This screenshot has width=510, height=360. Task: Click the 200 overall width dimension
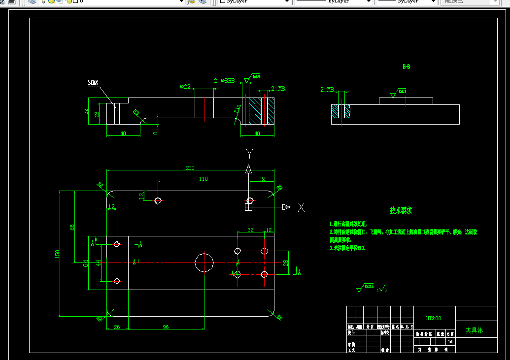click(190, 168)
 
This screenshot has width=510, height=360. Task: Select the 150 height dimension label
click(57, 254)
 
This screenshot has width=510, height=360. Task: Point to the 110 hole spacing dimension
click(203, 179)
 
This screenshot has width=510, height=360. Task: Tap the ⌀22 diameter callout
click(185, 87)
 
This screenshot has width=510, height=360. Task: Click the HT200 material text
click(434, 318)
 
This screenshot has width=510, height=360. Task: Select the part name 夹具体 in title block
click(474, 330)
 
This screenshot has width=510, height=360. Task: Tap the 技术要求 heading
click(401, 211)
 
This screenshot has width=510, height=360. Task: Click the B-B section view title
click(406, 66)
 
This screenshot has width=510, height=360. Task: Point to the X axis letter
click(301, 207)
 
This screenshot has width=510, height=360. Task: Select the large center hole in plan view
click(204, 262)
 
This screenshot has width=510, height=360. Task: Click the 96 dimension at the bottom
click(166, 327)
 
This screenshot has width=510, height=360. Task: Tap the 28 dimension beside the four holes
click(285, 263)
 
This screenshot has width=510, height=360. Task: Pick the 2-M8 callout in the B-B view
click(327, 90)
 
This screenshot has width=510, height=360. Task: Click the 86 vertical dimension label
click(72, 228)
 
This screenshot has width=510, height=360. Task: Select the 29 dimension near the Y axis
click(262, 179)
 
